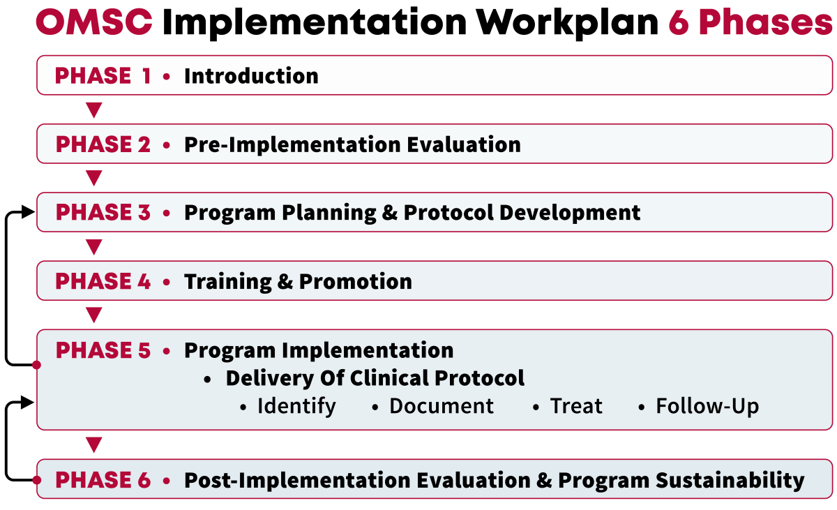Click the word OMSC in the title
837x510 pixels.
tap(94, 22)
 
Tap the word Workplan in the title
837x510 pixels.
tap(567, 23)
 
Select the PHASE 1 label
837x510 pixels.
tap(103, 75)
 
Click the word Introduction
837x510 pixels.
tap(251, 76)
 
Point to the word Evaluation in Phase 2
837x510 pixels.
tap(464, 144)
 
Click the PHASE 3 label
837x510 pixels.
tap(103, 212)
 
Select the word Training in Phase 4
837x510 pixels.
tap(228, 282)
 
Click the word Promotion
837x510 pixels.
tap(355, 281)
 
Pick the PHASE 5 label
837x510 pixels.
tap(103, 350)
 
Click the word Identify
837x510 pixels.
tap(296, 406)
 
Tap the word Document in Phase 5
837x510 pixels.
tap(442, 406)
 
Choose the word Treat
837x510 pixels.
tap(576, 406)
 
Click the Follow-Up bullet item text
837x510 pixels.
tap(707, 406)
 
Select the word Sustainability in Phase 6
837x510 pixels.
tap(730, 480)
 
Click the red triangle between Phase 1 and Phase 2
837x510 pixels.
tap(93, 110)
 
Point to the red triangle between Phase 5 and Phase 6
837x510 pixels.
tap(93, 444)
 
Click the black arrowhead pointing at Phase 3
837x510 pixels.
tap(28, 212)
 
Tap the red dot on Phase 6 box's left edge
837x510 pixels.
tap(36, 480)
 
